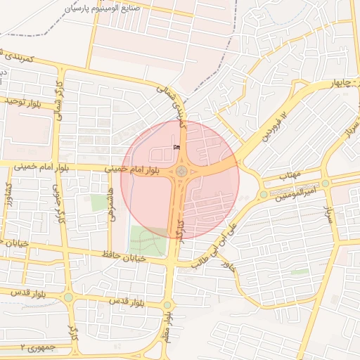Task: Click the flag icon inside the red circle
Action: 176,147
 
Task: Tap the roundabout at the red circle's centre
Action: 181,171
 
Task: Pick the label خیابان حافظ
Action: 122,255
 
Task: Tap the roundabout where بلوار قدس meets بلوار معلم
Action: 167,304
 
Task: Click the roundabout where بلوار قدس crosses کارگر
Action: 68,297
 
